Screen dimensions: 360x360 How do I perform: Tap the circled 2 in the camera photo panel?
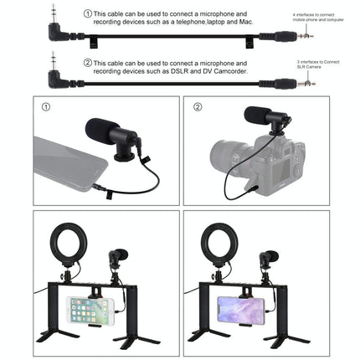pos(198,107)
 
